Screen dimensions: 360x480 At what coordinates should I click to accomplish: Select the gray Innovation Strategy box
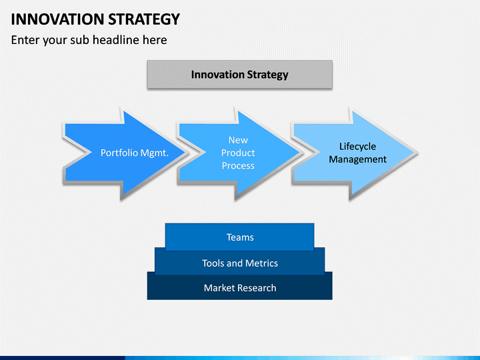(239, 75)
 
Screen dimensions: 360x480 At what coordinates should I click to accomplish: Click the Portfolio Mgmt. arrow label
(134, 153)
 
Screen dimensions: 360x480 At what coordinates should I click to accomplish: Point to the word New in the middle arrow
(238, 140)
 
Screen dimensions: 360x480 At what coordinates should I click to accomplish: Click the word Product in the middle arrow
(238, 153)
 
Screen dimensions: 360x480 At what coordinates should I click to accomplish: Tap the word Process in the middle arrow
(238, 165)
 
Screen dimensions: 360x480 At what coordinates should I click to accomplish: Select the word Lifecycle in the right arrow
(357, 147)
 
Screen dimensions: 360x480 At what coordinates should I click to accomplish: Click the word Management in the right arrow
(357, 159)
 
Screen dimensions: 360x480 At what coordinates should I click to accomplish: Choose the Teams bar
(239, 237)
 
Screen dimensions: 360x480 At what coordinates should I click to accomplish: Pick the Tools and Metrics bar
(239, 263)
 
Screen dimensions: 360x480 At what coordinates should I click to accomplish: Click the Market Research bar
(239, 288)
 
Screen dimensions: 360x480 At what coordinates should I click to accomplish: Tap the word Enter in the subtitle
(26, 40)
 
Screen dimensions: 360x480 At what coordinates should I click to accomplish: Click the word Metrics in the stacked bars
(261, 263)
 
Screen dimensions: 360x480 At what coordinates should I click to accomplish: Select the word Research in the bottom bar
(256, 288)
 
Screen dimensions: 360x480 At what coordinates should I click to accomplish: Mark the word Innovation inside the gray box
(218, 75)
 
